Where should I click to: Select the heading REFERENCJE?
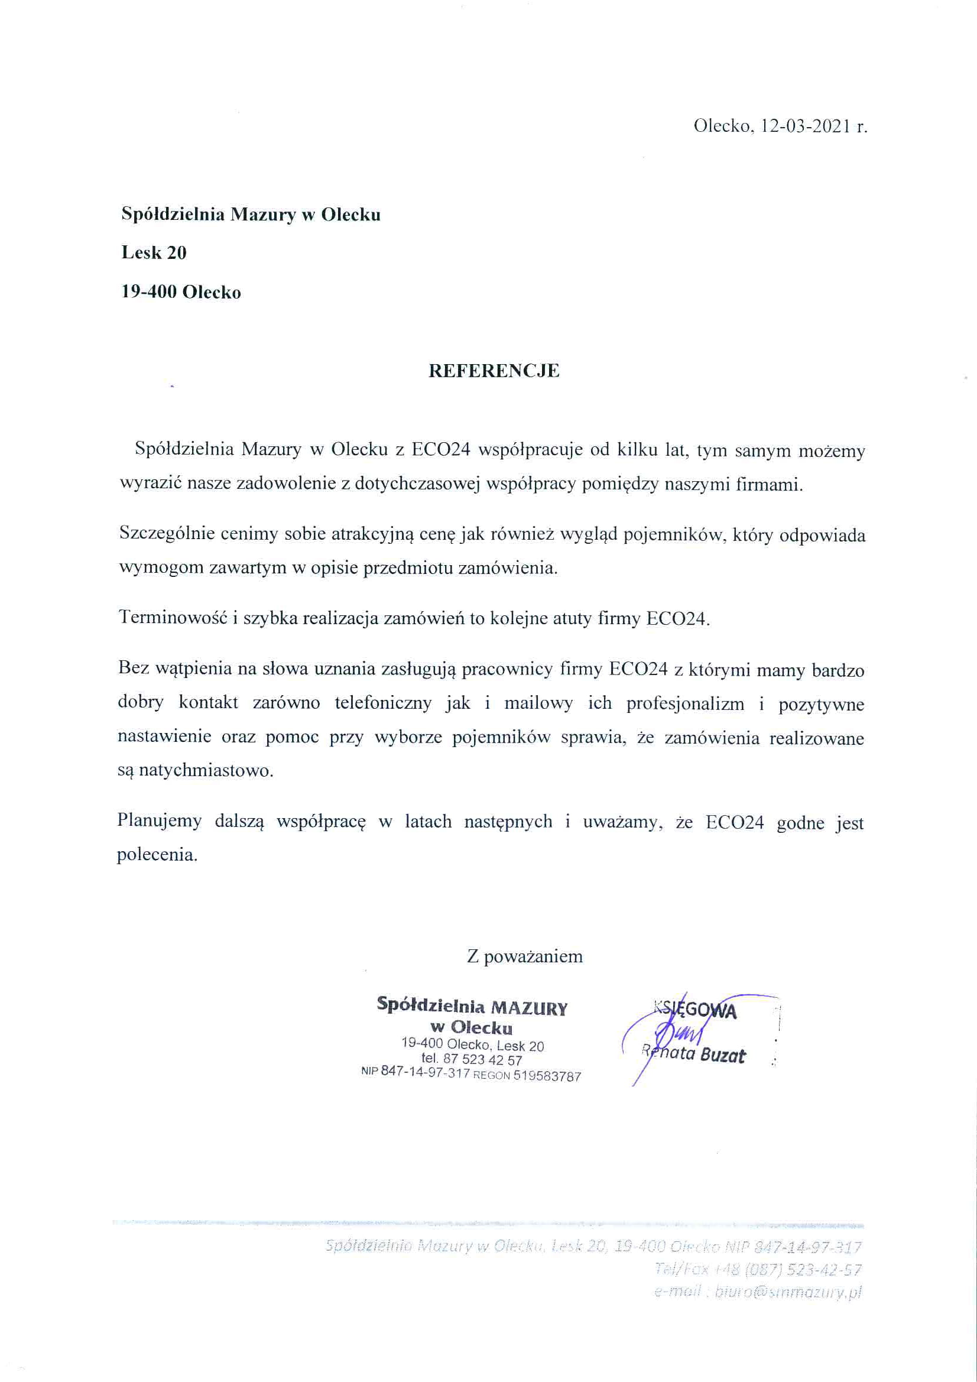(x=494, y=371)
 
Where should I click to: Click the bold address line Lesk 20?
(x=154, y=253)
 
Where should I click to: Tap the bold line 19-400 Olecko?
(x=181, y=293)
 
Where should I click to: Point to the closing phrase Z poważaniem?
(x=524, y=956)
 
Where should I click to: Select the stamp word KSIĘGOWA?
(x=695, y=1011)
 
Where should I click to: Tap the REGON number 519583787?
(x=547, y=1076)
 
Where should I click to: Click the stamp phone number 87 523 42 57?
(x=482, y=1060)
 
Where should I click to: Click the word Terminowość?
(x=173, y=618)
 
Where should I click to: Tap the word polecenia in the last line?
(x=157, y=855)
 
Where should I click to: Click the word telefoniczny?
(x=384, y=703)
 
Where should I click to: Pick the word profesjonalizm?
(x=685, y=703)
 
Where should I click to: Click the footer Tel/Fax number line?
(x=758, y=1270)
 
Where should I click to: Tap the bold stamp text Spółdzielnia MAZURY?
(x=472, y=1006)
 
